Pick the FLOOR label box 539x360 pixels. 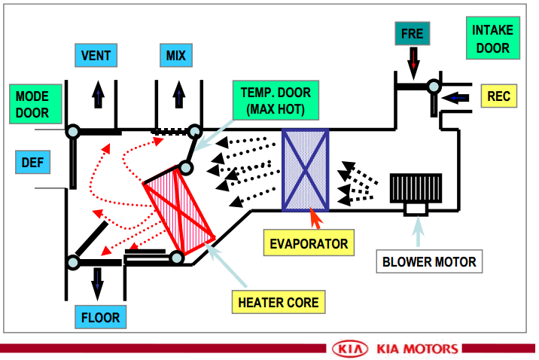(x=101, y=317)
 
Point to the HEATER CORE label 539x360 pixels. (x=279, y=303)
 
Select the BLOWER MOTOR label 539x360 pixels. (x=429, y=262)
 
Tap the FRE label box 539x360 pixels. (x=412, y=34)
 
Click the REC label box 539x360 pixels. (x=498, y=96)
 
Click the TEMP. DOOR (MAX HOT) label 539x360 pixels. (x=276, y=100)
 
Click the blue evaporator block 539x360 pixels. (x=306, y=169)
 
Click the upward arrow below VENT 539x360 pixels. (x=97, y=96)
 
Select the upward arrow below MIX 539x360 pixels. (x=178, y=96)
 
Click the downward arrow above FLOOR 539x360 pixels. (x=98, y=281)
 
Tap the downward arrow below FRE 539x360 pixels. (x=413, y=60)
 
